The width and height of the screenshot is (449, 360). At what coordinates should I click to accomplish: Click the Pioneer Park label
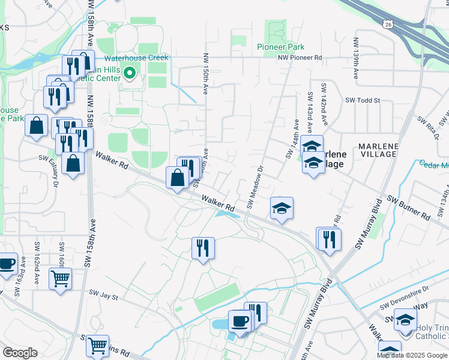click(280, 47)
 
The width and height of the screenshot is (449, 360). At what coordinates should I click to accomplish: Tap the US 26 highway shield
click(389, 23)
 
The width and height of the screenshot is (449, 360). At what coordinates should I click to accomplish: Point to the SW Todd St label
click(363, 100)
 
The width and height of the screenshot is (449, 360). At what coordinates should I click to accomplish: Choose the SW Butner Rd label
click(408, 207)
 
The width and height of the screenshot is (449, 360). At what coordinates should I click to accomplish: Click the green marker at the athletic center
click(130, 74)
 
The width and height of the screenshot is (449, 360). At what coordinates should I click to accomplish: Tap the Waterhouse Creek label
click(137, 58)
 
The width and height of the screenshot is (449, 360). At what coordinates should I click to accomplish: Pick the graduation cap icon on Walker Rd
click(282, 208)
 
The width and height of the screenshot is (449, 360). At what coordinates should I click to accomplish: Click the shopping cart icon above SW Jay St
click(60, 278)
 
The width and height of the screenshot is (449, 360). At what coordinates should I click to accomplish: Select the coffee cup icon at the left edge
click(7, 263)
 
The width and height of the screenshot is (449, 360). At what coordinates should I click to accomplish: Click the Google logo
click(20, 353)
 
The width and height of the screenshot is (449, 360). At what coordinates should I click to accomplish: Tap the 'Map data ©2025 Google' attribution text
click(412, 355)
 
